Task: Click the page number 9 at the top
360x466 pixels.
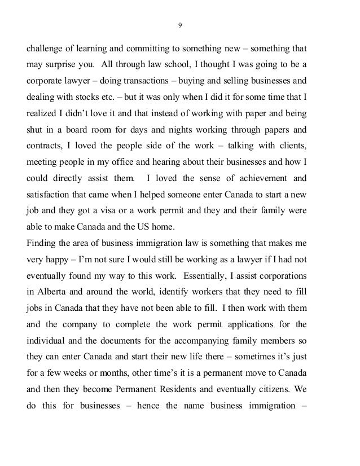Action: coord(180,24)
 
